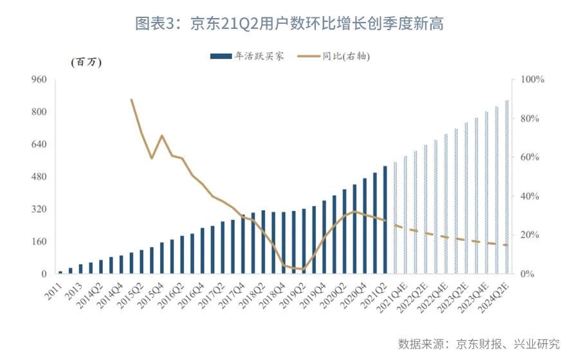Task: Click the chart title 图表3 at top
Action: [289, 24]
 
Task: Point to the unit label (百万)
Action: [86, 62]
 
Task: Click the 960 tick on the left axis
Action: [39, 80]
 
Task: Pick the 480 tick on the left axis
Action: [39, 177]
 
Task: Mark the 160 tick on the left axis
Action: [39, 242]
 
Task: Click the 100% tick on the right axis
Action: [532, 80]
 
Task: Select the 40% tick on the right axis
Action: [529, 197]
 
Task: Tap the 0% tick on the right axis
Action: [528, 274]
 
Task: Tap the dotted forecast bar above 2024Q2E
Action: [507, 187]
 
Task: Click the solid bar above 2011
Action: [60, 272]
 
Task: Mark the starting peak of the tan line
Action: [132, 100]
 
